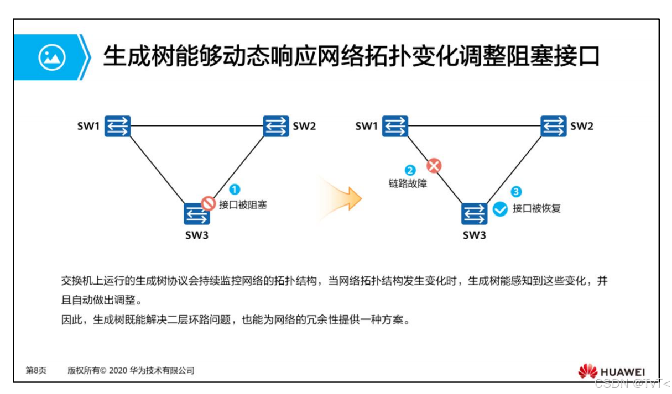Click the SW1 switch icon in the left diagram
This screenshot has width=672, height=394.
118,126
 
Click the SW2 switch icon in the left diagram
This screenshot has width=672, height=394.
275,126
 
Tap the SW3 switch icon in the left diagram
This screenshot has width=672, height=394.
196,214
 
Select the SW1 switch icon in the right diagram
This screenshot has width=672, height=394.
395,126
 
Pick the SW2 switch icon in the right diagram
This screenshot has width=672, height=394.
553,126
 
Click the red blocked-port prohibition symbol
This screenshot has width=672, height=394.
208,204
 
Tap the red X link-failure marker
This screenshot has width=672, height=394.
434,165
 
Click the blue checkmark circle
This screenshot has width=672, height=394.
500,209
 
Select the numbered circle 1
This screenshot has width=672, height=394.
235,190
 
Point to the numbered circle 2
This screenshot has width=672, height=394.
410,171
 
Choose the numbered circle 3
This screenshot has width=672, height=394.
516,192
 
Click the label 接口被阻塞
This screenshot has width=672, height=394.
243,205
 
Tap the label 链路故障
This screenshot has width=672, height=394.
408,183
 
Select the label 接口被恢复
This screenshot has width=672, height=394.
536,208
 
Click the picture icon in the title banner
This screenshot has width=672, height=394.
51,57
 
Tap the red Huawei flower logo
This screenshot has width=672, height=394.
587,371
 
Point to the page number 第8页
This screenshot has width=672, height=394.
36,371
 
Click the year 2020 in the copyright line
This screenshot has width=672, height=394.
118,371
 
